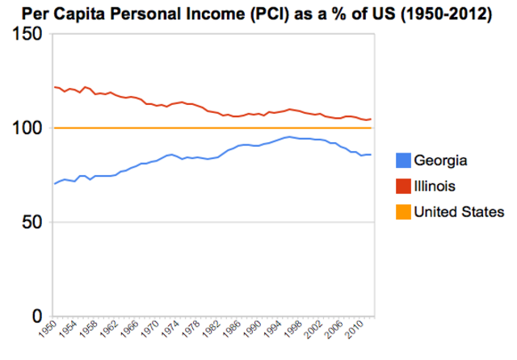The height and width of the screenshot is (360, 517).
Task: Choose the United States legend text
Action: pos(459,212)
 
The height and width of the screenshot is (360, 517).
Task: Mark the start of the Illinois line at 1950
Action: pos(55,86)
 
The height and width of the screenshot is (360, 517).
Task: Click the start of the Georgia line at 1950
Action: pos(55,184)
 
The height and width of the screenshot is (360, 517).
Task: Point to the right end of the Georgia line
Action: pos(371,154)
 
